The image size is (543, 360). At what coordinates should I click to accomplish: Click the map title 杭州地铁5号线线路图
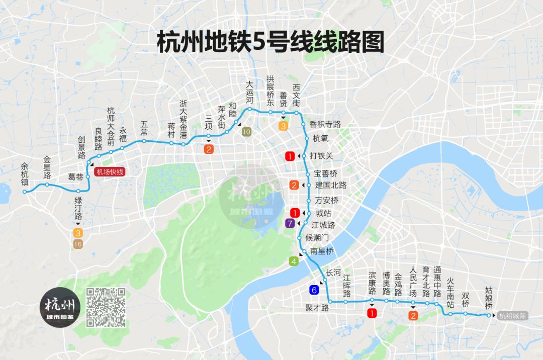click(270, 42)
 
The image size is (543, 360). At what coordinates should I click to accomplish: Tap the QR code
click(106, 307)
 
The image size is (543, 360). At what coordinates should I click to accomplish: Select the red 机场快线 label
click(109, 171)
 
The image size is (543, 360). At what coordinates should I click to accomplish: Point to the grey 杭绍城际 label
click(512, 316)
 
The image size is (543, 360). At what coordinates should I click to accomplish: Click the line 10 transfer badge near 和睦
click(246, 132)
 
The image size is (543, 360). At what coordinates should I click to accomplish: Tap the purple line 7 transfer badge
click(290, 224)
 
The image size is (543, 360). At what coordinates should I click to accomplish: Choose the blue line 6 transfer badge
click(314, 290)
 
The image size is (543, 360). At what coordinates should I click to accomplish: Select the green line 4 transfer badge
click(294, 261)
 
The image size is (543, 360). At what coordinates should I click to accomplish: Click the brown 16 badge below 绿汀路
click(78, 244)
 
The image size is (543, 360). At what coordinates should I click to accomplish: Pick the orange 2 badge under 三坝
click(209, 149)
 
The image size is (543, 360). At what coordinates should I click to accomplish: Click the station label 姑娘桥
click(489, 298)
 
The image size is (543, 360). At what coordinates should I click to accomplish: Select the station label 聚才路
click(317, 307)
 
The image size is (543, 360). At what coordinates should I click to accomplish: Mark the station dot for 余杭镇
click(25, 192)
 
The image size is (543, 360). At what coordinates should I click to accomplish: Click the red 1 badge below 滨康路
click(372, 314)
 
